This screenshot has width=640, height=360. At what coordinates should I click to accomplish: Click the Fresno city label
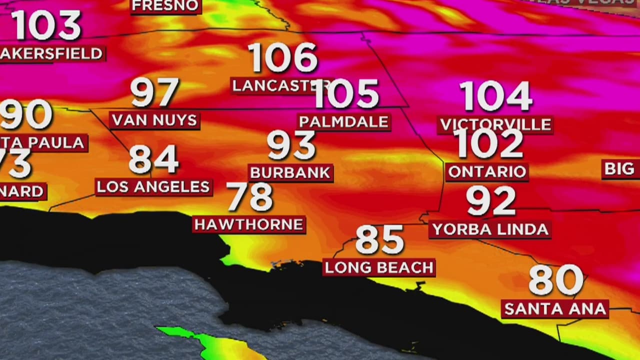pyautogui.click(x=166, y=6)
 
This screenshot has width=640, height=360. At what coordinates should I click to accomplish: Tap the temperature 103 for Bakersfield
pyautogui.click(x=46, y=25)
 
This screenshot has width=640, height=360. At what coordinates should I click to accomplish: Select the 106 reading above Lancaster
pyautogui.click(x=283, y=57)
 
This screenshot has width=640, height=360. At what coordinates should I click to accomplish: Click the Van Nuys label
pyautogui.click(x=154, y=120)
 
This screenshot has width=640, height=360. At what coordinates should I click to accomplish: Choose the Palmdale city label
pyautogui.click(x=344, y=121)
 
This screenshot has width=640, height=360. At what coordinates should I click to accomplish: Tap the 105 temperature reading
pyautogui.click(x=346, y=94)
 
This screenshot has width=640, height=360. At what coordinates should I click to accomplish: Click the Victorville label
pyautogui.click(x=495, y=124)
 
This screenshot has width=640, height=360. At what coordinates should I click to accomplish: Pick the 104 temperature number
pyautogui.click(x=495, y=96)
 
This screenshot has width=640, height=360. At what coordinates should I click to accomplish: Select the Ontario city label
pyautogui.click(x=487, y=171)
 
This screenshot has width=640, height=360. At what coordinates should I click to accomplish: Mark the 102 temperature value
pyautogui.click(x=489, y=144)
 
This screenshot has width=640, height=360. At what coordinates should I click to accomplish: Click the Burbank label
pyautogui.click(x=290, y=172)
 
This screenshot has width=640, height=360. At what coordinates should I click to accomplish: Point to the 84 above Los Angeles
pyautogui.click(x=153, y=159)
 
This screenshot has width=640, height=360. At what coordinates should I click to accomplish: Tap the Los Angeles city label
pyautogui.click(x=153, y=187)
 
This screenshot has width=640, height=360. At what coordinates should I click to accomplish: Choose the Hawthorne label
pyautogui.click(x=249, y=224)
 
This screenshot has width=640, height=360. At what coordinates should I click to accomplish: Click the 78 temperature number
pyautogui.click(x=249, y=197)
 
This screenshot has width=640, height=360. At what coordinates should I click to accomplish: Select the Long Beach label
pyautogui.click(x=379, y=267)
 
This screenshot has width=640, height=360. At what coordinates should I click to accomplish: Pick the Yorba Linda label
pyautogui.click(x=490, y=229)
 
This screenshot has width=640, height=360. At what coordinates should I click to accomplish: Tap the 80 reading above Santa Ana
pyautogui.click(x=556, y=280)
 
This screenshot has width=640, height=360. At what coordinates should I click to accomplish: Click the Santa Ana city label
pyautogui.click(x=555, y=308)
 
